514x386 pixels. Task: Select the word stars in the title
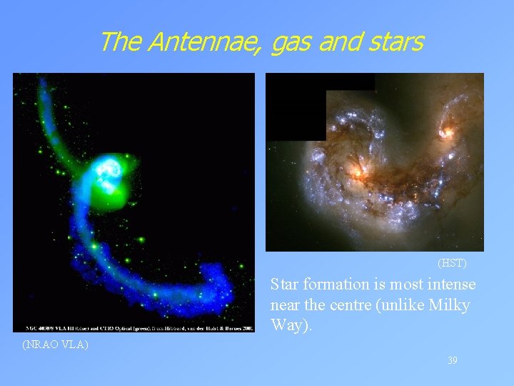(396, 42)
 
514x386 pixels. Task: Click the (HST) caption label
(452, 264)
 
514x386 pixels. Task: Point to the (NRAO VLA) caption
(55, 345)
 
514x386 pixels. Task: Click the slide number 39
(453, 361)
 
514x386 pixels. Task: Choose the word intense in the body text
(453, 284)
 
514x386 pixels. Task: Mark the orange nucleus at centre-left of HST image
(355, 171)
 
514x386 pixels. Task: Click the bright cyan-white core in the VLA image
(109, 169)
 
